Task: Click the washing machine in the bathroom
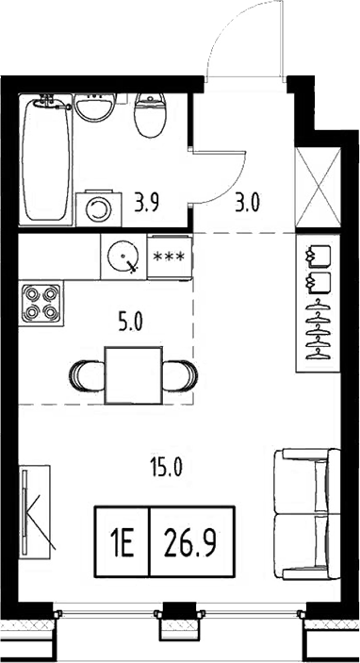[94, 207]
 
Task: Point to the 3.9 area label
[146, 200]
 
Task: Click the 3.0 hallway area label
[247, 200]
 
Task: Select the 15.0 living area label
[165, 465]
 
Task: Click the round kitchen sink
[122, 255]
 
